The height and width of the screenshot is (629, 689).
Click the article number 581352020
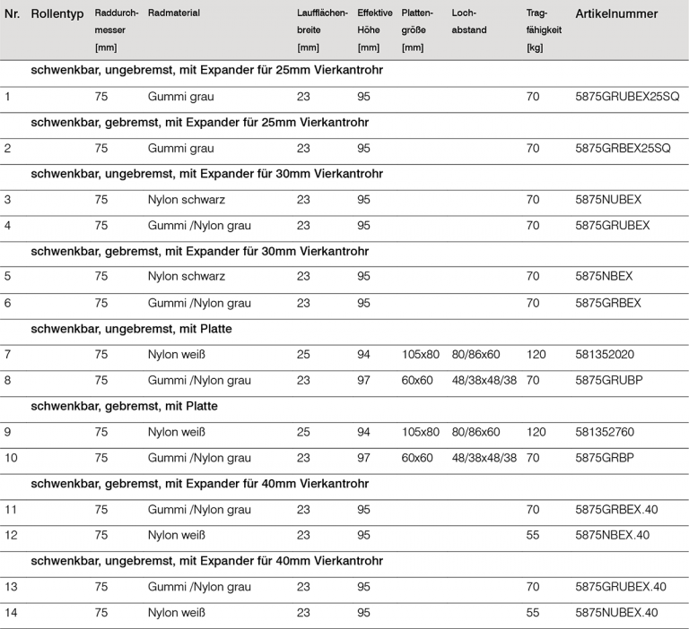click(605, 355)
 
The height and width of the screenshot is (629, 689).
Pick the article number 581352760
click(605, 432)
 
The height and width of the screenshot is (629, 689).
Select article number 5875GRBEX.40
click(616, 510)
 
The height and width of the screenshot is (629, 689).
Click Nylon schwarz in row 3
click(187, 199)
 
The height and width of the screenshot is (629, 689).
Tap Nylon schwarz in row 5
click(187, 277)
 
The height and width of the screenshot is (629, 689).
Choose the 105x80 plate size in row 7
click(421, 355)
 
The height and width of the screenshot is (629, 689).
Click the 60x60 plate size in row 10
click(417, 458)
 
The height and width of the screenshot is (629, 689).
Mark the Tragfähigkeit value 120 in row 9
click(536, 432)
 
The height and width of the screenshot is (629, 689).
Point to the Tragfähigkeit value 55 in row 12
click(533, 535)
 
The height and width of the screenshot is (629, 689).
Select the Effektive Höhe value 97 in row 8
click(363, 380)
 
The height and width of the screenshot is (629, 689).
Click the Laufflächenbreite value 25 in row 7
click(303, 355)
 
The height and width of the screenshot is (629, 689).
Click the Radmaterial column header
click(174, 14)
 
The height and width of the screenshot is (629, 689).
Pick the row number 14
click(12, 613)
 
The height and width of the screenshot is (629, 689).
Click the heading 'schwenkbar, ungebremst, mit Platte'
click(131, 329)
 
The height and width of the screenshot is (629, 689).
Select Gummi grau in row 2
click(181, 148)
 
